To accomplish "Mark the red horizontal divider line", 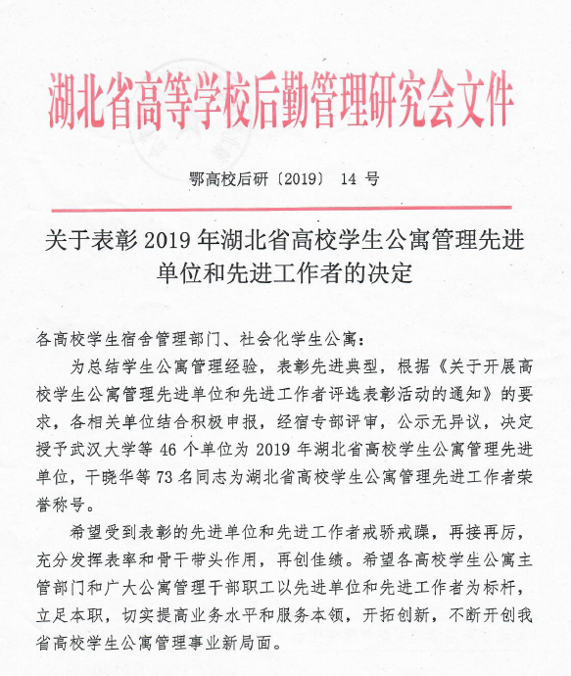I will (285, 208).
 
